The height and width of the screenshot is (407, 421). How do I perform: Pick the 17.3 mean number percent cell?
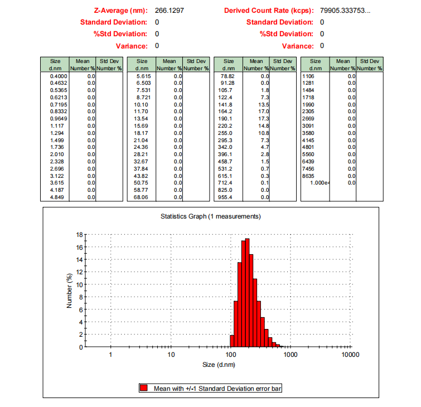point(263,119)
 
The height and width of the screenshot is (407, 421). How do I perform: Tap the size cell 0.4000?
point(59,75)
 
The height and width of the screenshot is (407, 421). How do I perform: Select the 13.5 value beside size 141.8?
point(263,104)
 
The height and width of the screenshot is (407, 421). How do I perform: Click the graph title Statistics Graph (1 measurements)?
point(210,216)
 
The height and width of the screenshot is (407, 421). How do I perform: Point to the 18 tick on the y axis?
point(79,235)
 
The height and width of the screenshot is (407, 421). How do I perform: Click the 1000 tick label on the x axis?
point(290,355)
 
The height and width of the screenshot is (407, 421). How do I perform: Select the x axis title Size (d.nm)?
point(219,365)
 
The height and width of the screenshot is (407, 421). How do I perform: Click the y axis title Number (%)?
point(70,290)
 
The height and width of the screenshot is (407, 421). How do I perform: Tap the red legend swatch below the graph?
point(144,388)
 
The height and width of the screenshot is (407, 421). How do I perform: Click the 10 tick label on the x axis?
point(171,355)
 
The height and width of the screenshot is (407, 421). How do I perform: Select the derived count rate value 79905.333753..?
point(345,11)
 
